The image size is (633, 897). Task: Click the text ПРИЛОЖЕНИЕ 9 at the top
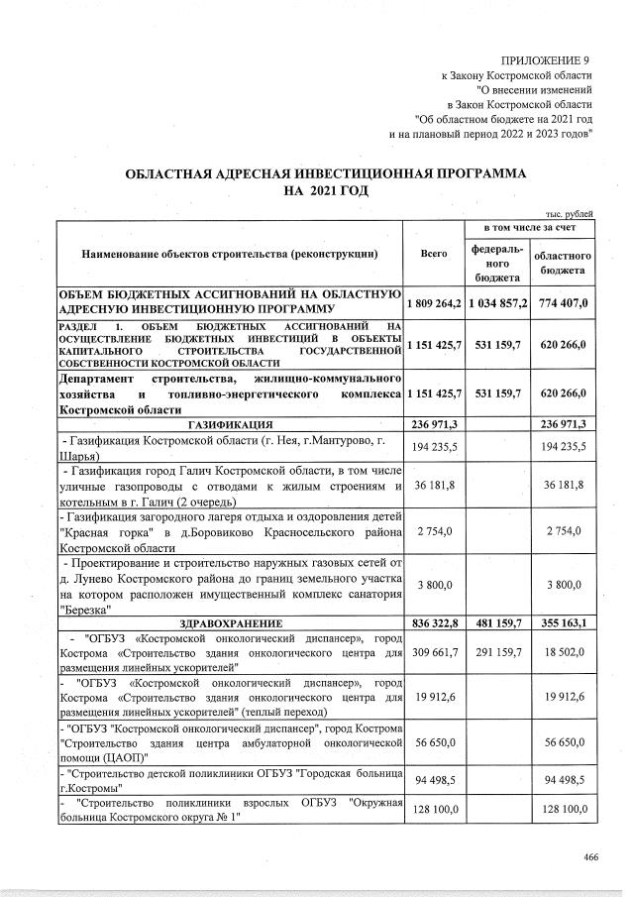tap(545, 60)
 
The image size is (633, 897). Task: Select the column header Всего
tap(434, 255)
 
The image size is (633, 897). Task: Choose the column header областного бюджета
tap(563, 263)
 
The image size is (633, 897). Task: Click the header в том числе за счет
tap(530, 229)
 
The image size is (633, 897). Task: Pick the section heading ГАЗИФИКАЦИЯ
tap(230, 424)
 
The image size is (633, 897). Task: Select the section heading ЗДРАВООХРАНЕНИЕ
tap(230, 621)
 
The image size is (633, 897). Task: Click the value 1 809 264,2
tap(434, 301)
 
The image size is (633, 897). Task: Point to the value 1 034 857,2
tap(498, 301)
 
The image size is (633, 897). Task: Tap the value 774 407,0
tap(563, 301)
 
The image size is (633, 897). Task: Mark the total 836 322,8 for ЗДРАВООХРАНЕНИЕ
tap(434, 621)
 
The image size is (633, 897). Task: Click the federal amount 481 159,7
tap(498, 621)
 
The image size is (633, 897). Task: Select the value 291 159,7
tap(498, 656)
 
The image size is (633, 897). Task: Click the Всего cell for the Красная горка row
tap(436, 532)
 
